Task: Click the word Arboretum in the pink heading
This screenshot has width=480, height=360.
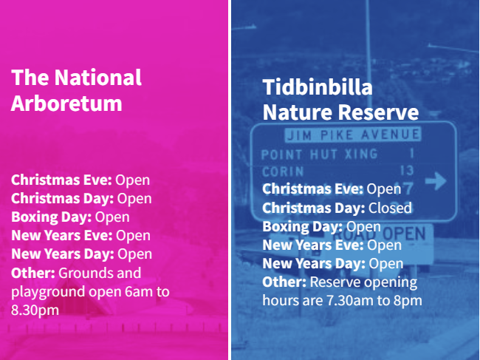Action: pos(66,103)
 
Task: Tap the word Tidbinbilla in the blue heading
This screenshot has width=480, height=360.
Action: pos(318,87)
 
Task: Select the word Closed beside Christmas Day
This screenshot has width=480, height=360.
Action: pos(390,208)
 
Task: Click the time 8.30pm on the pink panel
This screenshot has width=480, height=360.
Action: pos(35,310)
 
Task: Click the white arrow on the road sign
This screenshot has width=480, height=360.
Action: pos(436,181)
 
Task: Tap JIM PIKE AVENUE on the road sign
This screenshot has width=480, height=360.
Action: pos(353,135)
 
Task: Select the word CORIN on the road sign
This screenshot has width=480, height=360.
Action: pos(283,171)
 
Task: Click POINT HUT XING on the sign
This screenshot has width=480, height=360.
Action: pos(320,154)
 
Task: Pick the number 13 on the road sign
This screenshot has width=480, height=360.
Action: pos(407,170)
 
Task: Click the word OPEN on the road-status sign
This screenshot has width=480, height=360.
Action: pos(405,234)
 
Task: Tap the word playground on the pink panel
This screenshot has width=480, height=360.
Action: pos(48,292)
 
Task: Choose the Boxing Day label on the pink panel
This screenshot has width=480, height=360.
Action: pos(52,217)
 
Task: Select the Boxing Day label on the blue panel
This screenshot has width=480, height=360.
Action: pos(303,227)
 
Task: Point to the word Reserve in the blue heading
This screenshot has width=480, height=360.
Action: pos(378,112)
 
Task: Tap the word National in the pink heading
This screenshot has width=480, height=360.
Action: pos(98,77)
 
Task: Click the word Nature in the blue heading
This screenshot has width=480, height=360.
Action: pos(298,112)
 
